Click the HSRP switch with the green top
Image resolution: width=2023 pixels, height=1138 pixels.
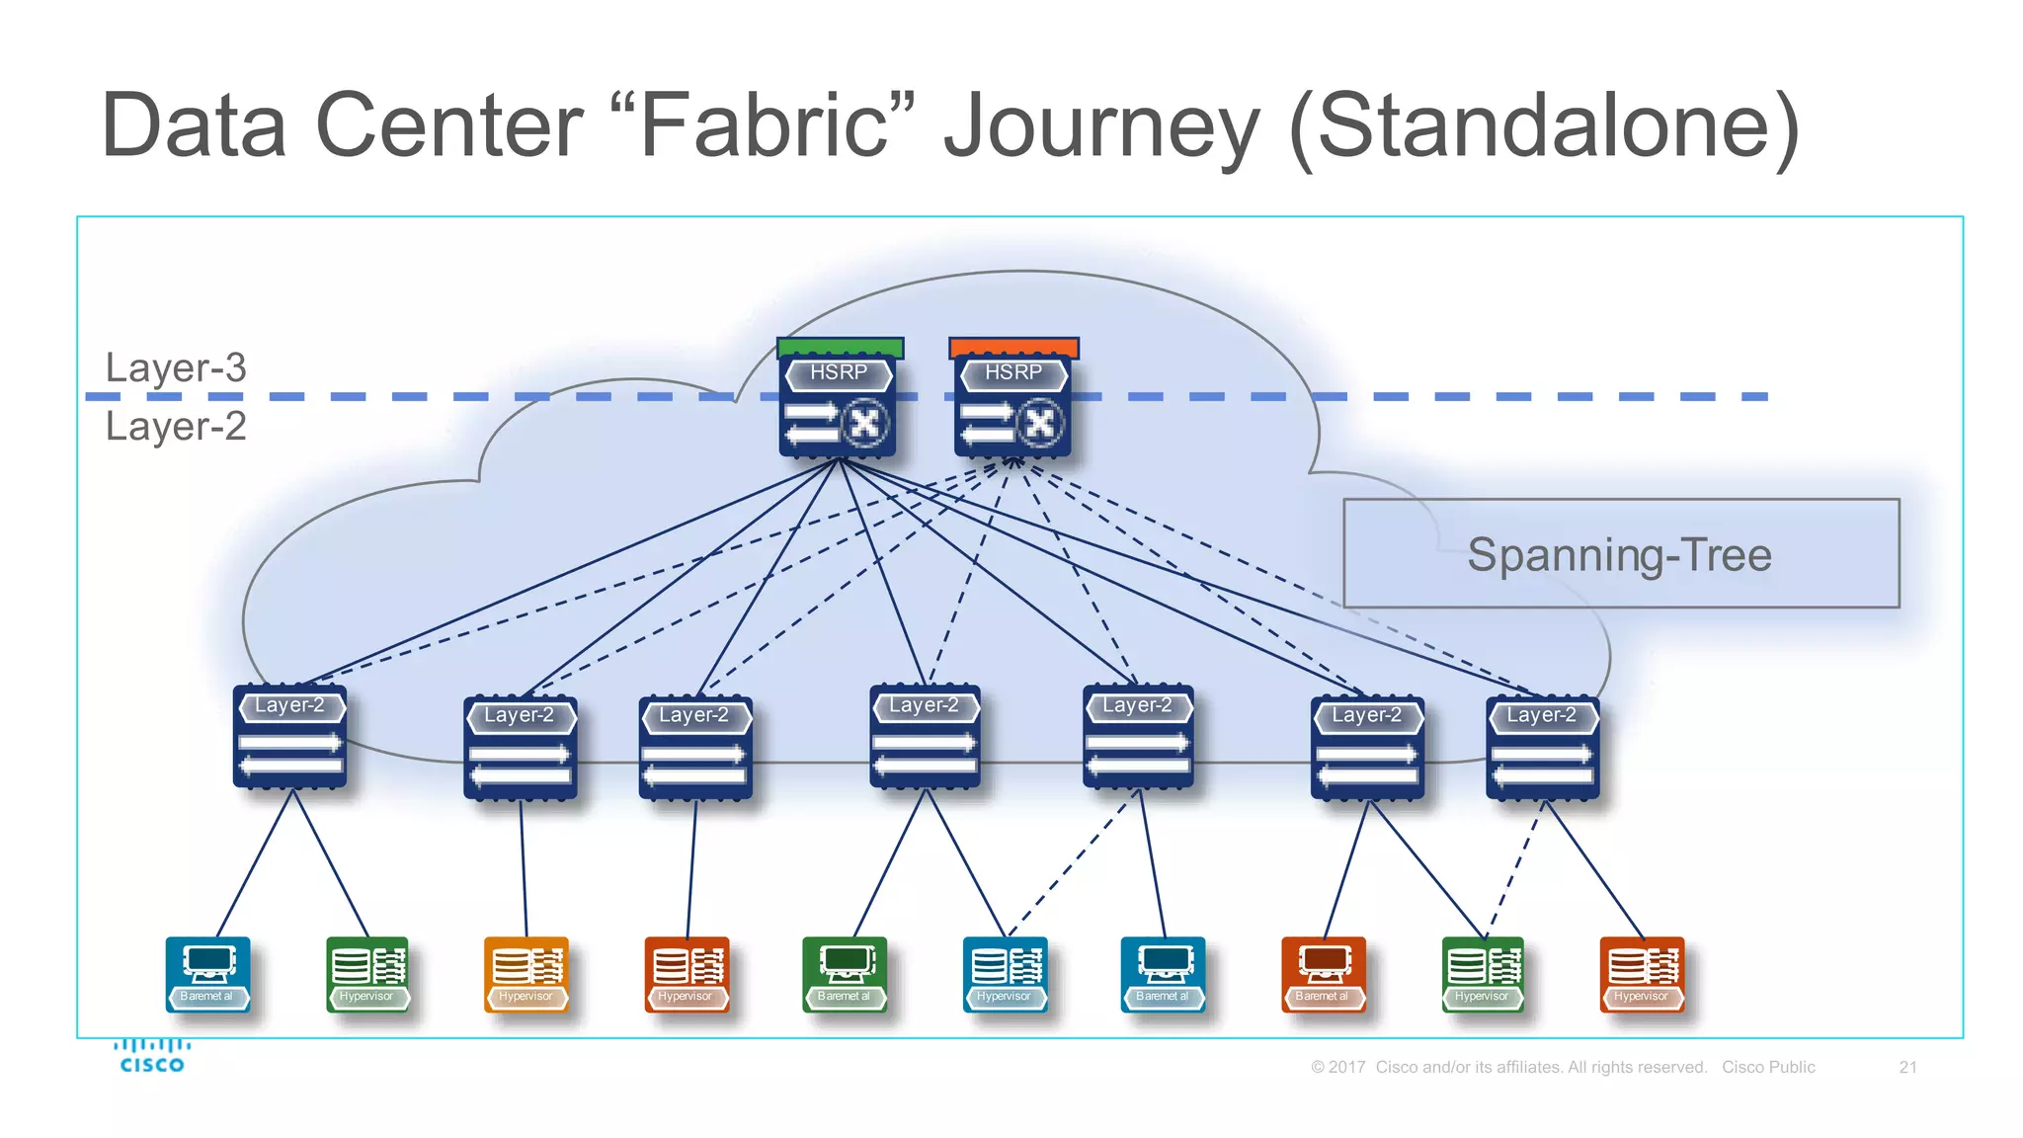[x=838, y=400]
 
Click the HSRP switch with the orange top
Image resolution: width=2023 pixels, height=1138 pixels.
[x=1012, y=400]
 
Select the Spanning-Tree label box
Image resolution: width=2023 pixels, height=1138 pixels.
[x=1620, y=554]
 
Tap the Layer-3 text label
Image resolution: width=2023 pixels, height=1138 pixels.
[x=176, y=367]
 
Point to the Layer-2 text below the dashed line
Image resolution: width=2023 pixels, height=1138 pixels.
[x=176, y=427]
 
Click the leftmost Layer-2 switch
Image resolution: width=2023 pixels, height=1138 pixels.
[x=289, y=737]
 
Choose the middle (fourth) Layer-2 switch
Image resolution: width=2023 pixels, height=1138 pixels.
[x=925, y=737]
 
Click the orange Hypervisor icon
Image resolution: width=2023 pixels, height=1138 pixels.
[x=526, y=974]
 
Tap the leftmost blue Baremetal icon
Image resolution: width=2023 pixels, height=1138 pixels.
[x=207, y=974]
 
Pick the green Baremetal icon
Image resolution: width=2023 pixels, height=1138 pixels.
[x=845, y=974]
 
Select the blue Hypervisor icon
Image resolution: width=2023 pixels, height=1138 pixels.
[x=1005, y=974]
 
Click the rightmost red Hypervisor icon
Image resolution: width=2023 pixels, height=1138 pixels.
[x=1642, y=974]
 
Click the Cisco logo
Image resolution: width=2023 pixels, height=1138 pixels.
[x=151, y=1056]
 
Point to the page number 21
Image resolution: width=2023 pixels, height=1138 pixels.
[x=1907, y=1067]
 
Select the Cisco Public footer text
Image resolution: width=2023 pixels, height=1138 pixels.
[x=1768, y=1067]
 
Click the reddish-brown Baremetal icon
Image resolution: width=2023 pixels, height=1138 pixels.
[x=1323, y=974]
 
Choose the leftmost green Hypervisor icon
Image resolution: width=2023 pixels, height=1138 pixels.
[x=366, y=974]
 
